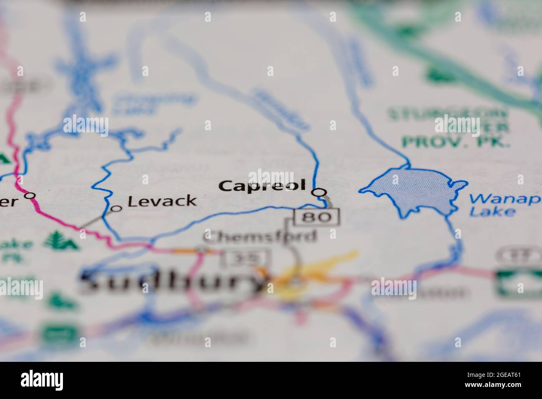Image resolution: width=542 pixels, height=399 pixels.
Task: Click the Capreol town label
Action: pos(263,186)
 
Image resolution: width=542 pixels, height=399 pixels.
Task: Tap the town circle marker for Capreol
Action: pos(319,192)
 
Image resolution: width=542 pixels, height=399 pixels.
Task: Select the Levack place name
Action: pos(162,201)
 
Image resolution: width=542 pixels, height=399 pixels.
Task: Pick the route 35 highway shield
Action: pos(246,258)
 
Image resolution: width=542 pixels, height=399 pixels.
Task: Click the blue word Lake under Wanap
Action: pos(492,212)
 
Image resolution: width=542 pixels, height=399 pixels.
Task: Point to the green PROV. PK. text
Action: pos(457,142)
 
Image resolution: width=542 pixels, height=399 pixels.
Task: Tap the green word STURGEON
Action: pos(448,114)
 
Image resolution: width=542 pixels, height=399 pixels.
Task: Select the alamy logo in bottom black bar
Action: pos(42,380)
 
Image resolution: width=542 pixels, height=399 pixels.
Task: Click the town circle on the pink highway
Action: pos(30,195)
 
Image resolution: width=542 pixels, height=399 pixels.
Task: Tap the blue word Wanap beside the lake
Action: pos(504,199)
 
